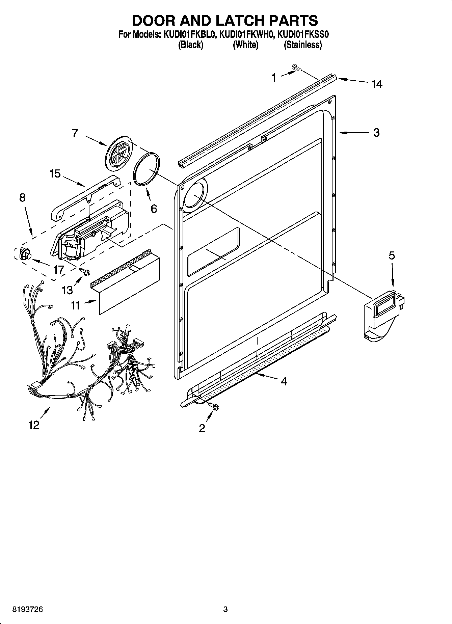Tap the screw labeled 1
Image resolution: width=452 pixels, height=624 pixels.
(296, 69)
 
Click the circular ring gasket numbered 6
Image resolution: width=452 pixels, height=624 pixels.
(147, 168)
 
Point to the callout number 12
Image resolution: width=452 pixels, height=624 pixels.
(34, 425)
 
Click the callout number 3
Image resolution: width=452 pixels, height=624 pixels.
(376, 133)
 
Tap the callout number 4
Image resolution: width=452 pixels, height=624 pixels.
(284, 381)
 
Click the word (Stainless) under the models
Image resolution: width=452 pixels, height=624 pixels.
(302, 45)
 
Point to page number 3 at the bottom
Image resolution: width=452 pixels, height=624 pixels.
(225, 609)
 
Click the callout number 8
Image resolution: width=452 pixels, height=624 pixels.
(22, 197)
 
